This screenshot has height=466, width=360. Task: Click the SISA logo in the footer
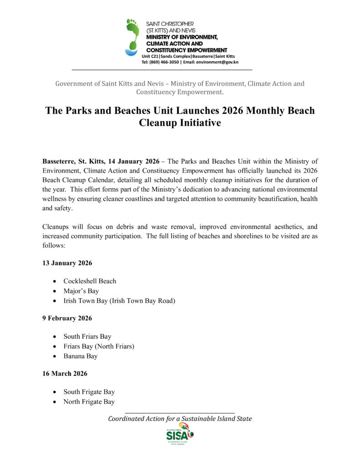(180, 435)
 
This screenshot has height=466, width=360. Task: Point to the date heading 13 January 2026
(67, 263)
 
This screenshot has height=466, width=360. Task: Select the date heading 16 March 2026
(65, 374)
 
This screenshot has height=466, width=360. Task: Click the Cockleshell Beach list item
(90, 281)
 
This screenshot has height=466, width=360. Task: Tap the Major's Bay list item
(81, 291)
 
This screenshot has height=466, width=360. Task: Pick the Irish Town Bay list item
(119, 301)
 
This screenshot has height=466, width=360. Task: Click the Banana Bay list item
(80, 356)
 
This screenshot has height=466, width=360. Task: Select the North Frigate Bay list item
(89, 402)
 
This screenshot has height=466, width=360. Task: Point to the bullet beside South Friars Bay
(55, 337)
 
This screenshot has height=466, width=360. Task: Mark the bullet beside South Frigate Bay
(55, 392)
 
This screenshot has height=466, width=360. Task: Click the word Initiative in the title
(198, 122)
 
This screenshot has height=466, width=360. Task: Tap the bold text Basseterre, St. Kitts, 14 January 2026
(101, 161)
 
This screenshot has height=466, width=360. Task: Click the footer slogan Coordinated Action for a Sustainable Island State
(180, 419)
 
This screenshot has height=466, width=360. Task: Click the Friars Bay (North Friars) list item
(99, 346)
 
